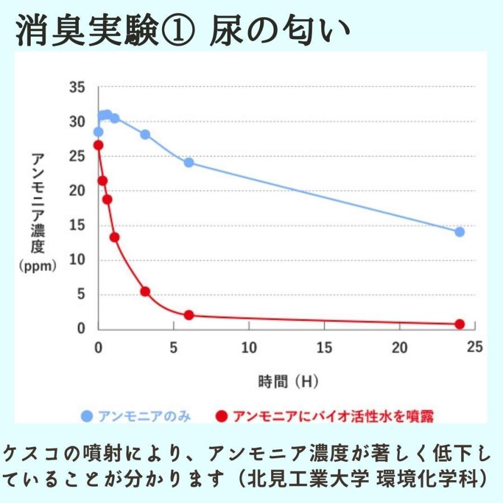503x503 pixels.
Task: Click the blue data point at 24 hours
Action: click(x=459, y=232)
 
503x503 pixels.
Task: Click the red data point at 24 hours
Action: click(x=459, y=324)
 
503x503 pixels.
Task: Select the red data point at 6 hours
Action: click(x=188, y=315)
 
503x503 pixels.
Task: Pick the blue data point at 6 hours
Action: click(x=188, y=163)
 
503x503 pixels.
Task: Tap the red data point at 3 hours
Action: click(x=145, y=291)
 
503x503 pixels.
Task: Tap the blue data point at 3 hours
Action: click(x=145, y=135)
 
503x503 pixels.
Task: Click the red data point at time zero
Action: click(x=98, y=145)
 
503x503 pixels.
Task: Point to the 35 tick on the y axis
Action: click(x=77, y=88)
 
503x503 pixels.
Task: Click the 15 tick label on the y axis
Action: click(x=77, y=226)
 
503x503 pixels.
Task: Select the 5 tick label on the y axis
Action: click(x=80, y=295)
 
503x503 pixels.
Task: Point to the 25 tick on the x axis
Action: click(x=474, y=348)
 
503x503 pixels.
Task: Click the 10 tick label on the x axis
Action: click(x=249, y=348)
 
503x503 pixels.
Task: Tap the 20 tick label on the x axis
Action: click(x=399, y=348)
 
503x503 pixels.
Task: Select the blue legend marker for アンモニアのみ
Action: click(x=86, y=416)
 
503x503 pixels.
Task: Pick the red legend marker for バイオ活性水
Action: click(x=222, y=416)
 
